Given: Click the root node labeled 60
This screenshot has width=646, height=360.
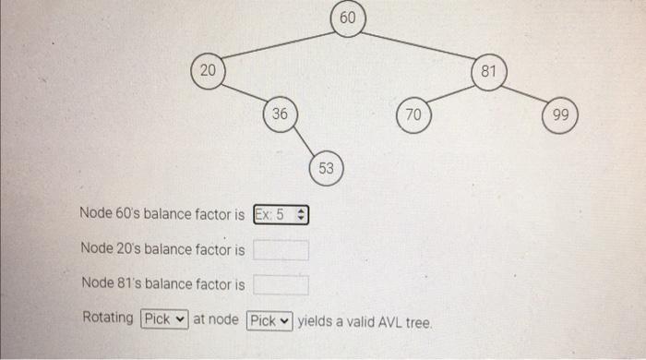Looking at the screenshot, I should pos(347,18).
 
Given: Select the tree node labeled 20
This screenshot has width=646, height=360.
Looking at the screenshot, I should pos(208,71).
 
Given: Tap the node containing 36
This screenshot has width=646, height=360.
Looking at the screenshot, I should pos(280,114).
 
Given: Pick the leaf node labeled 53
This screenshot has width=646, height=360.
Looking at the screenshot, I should pos(327,168).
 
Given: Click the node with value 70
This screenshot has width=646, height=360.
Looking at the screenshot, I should pos(413,114).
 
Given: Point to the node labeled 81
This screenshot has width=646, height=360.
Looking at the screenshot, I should pos(489,71).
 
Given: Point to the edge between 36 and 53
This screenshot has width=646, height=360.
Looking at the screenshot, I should pos(303,140).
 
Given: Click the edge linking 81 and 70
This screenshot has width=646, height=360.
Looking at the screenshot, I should pos(451,92).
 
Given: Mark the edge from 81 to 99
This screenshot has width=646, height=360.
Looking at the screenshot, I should pos(525,92).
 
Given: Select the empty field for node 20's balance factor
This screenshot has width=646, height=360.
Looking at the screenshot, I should pos(281,249).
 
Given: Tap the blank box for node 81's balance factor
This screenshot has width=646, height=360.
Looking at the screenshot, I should pos(281,284).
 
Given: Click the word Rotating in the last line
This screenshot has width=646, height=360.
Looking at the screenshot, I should pos(108,318).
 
